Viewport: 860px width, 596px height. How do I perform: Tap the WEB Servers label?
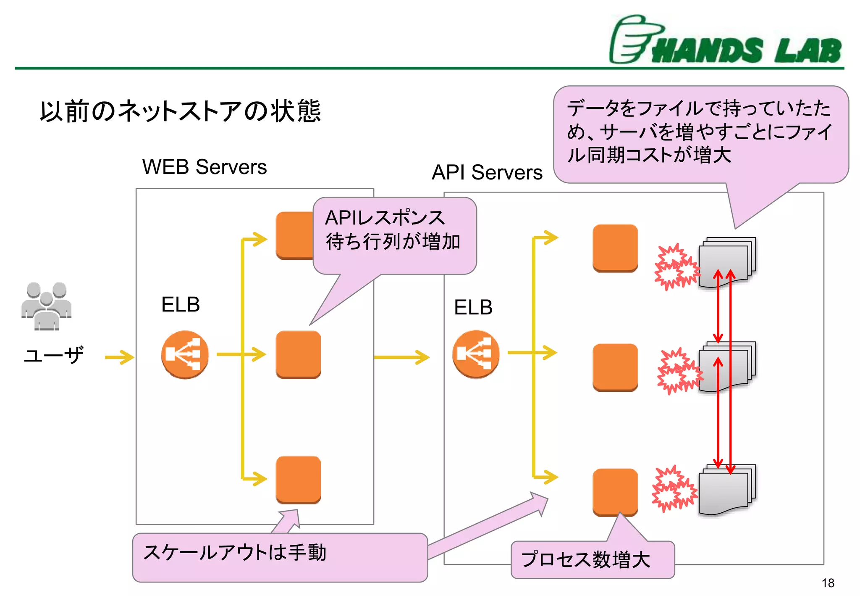pyautogui.click(x=205, y=167)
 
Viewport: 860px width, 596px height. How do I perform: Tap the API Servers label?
pyautogui.click(x=487, y=172)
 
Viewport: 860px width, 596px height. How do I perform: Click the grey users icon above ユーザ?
pyautogui.click(x=46, y=306)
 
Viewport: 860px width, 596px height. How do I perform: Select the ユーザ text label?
pyautogui.click(x=53, y=356)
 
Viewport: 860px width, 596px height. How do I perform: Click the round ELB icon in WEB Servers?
pyautogui.click(x=185, y=355)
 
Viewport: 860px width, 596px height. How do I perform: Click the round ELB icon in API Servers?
pyautogui.click(x=476, y=354)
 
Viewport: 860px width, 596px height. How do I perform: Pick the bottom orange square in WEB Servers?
pyautogui.click(x=298, y=480)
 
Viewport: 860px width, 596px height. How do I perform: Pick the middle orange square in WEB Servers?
pyautogui.click(x=298, y=354)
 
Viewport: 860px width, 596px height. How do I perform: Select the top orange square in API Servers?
pyautogui.click(x=615, y=248)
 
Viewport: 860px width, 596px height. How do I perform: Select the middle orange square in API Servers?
pyautogui.click(x=615, y=367)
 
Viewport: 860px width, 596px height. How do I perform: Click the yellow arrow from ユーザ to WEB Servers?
pyautogui.click(x=119, y=357)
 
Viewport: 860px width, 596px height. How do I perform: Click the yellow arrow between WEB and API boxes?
pyautogui.click(x=401, y=357)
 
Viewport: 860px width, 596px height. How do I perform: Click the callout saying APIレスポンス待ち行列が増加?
pyautogui.click(x=394, y=230)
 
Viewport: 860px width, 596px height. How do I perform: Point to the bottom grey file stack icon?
pyautogui.click(x=726, y=490)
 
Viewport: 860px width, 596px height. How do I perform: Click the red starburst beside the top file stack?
pyautogui.click(x=676, y=267)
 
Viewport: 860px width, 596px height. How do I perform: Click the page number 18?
pyautogui.click(x=828, y=583)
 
